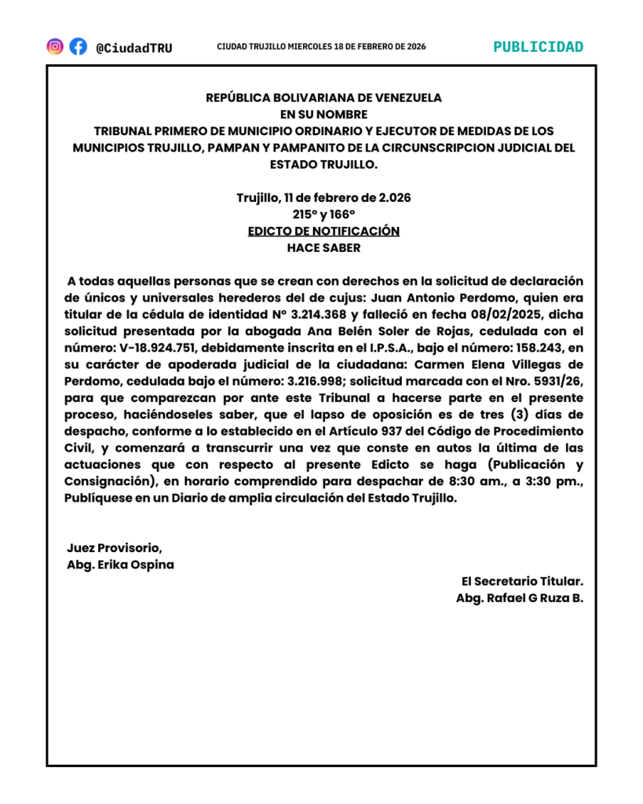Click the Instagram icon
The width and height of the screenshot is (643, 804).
(x=55, y=47)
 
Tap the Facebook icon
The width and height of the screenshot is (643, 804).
(x=78, y=47)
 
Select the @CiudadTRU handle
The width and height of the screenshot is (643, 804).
(x=133, y=48)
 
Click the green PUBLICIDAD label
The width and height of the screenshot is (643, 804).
(x=538, y=47)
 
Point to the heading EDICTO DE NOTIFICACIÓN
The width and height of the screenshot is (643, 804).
(x=323, y=232)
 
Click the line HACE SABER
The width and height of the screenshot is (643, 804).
(x=323, y=248)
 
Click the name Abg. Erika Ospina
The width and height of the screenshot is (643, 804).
(x=121, y=565)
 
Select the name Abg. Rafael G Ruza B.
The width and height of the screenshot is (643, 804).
(x=519, y=598)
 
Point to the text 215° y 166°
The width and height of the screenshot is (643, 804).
(x=323, y=214)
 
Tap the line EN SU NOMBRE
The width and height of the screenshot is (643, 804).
(x=323, y=115)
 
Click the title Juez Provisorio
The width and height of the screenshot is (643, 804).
(x=115, y=548)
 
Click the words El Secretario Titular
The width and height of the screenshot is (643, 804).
(x=522, y=582)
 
